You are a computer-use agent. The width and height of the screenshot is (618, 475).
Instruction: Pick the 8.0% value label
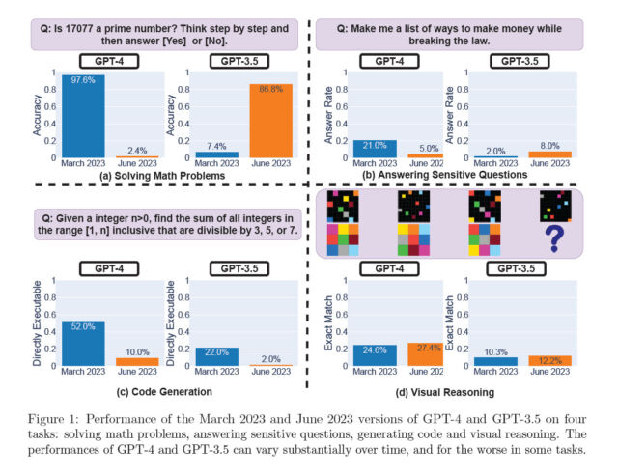click(550, 145)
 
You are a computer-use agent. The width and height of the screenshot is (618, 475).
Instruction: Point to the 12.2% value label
click(550, 359)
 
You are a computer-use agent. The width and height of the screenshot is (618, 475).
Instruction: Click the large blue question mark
click(555, 237)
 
